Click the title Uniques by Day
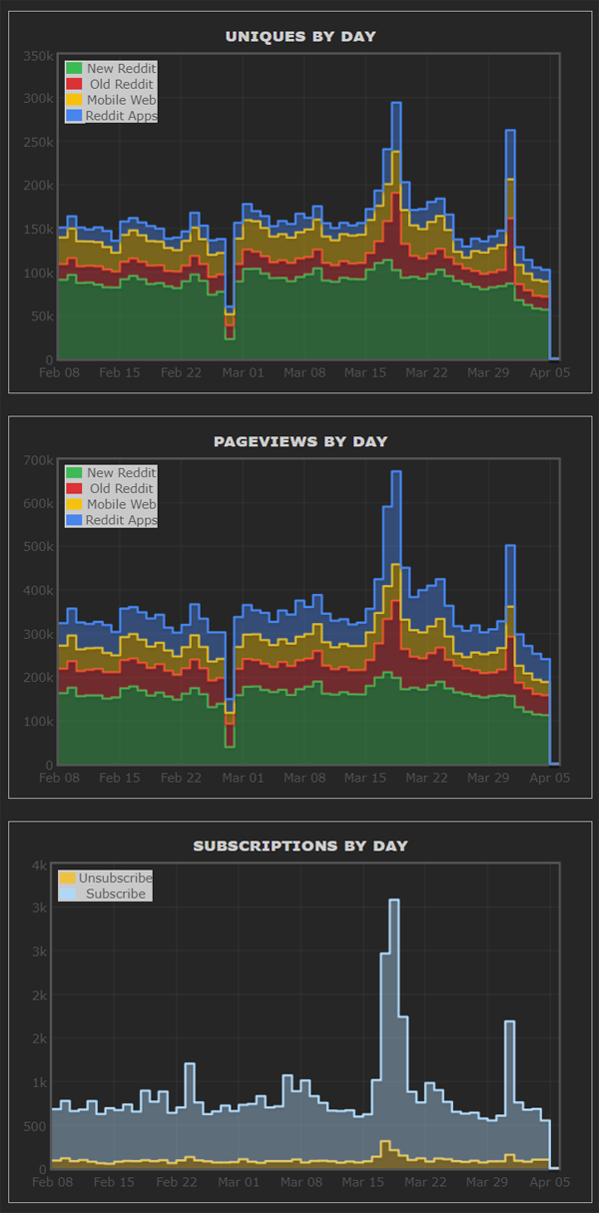tap(299, 37)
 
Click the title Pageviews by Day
tap(299, 441)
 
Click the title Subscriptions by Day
tap(299, 846)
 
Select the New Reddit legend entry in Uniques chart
tap(111, 69)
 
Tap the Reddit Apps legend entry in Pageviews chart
tap(111, 520)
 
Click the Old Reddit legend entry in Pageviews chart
tap(111, 488)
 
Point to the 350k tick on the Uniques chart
tap(39, 55)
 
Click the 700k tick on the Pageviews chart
tap(39, 459)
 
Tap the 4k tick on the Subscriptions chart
tap(40, 865)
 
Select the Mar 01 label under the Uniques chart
tap(244, 372)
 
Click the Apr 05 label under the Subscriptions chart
tap(549, 1182)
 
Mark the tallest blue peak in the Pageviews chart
tap(396, 472)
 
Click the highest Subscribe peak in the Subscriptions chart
tap(393, 901)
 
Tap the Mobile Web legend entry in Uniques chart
tap(111, 100)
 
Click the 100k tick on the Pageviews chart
tap(39, 721)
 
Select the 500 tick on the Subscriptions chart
tap(35, 1126)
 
